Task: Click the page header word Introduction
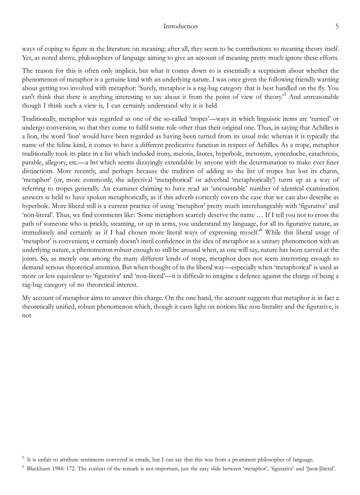180,26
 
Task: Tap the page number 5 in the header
337,26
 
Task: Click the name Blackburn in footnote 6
41,469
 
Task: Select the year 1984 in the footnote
64,469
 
